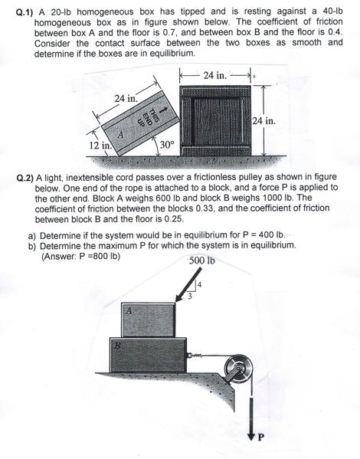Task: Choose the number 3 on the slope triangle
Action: coord(191,297)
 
